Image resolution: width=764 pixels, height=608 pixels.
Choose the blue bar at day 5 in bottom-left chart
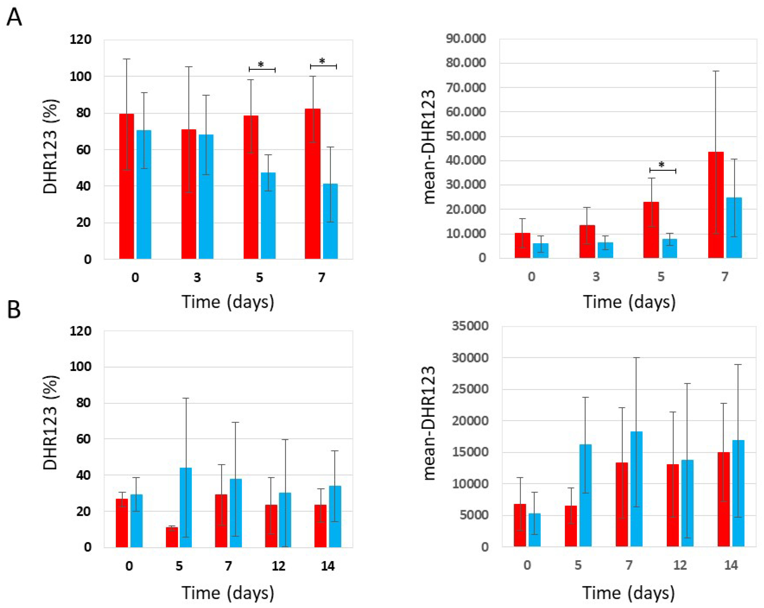(x=186, y=507)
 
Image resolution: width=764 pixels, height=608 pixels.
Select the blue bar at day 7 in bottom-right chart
(x=636, y=489)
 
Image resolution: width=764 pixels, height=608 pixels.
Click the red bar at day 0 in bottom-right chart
(x=520, y=525)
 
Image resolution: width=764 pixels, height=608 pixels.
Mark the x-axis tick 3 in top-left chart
(x=197, y=278)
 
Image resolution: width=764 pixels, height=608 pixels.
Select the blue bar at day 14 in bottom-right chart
(x=739, y=493)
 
